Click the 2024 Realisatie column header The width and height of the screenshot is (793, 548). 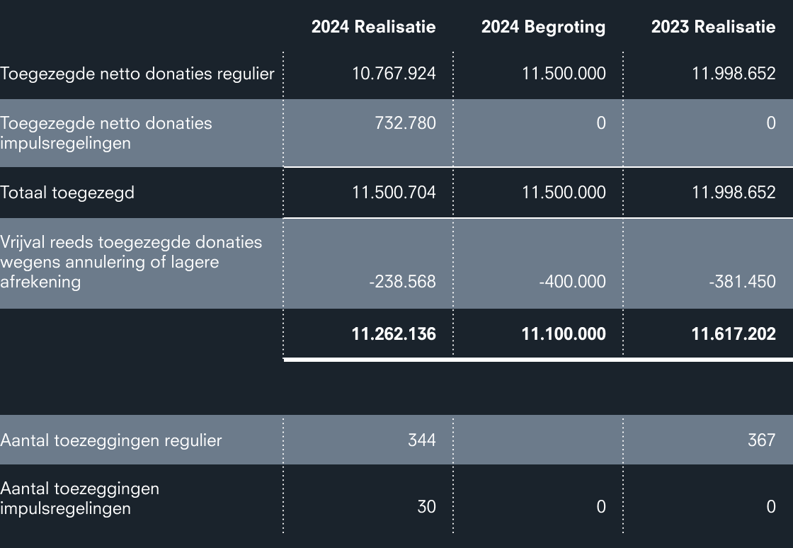(x=373, y=27)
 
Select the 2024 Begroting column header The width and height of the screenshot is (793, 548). (x=543, y=27)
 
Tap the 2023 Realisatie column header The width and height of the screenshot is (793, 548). (x=713, y=27)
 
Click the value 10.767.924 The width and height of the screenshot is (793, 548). (x=394, y=73)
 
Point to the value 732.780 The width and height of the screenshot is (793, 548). (x=405, y=122)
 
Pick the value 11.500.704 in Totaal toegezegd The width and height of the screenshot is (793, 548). (x=394, y=192)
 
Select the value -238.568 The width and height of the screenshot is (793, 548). (x=401, y=282)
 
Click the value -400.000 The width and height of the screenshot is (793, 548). (x=572, y=282)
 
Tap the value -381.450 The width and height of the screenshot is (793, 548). (x=742, y=282)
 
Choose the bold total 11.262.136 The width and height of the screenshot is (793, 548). (x=394, y=333)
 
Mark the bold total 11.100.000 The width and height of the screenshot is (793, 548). (x=564, y=333)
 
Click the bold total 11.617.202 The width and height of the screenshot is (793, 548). (x=734, y=333)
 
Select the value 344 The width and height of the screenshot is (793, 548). (x=422, y=440)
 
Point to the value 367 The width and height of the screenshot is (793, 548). (x=762, y=440)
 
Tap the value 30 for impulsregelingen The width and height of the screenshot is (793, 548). (x=426, y=506)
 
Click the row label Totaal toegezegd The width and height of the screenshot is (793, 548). (x=67, y=192)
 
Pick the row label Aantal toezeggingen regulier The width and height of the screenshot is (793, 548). (x=111, y=440)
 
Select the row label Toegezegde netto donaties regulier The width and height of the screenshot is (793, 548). (x=137, y=73)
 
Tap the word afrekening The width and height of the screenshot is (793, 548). (x=40, y=282)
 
